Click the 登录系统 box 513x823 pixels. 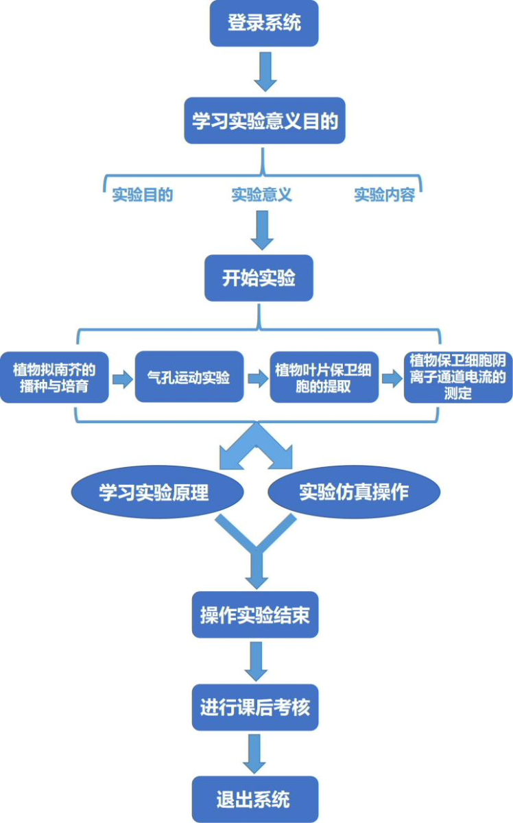point(264,23)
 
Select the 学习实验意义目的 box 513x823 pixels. point(264,121)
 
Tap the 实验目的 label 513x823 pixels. point(143,195)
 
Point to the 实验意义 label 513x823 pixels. point(262,195)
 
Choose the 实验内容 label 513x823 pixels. point(384,195)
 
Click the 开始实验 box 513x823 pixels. point(259,278)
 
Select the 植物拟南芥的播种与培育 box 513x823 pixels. point(54,377)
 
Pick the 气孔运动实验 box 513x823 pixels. point(189,377)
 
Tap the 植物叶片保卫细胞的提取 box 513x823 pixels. point(324,377)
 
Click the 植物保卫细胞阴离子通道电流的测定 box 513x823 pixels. point(457,377)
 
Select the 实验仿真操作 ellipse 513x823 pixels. point(353,492)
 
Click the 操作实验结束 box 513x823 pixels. point(255,615)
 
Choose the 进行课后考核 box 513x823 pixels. point(255,707)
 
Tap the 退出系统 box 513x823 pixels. point(255,799)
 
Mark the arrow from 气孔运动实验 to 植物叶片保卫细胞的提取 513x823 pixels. point(257,378)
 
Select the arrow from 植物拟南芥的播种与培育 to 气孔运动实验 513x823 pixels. point(122,379)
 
